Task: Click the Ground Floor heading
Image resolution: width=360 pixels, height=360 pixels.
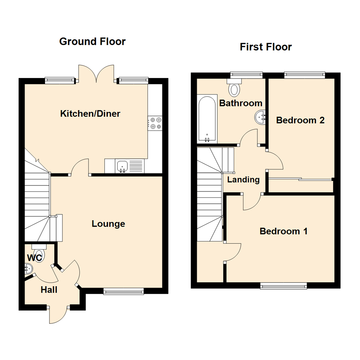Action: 92,42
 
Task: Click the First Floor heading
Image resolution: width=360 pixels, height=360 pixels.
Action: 266,47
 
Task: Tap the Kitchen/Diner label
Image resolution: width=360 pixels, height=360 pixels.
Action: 90,114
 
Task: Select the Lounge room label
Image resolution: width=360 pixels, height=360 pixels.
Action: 108,224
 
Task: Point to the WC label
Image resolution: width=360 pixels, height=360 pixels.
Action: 34,258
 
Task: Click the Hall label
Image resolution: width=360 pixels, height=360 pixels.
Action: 49,290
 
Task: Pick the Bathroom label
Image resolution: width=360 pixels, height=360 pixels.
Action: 241,103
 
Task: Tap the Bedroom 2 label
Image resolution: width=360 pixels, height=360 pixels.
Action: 300,120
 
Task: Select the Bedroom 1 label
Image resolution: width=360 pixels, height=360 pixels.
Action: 284,231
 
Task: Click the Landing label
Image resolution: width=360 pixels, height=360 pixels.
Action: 243,180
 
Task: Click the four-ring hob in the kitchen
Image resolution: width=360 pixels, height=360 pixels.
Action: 155,123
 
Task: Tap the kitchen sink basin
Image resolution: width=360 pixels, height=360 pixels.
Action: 122,166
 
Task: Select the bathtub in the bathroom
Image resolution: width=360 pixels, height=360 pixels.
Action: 207,119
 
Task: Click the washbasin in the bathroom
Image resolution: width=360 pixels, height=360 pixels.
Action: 260,117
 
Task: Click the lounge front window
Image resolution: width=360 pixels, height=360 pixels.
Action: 123,292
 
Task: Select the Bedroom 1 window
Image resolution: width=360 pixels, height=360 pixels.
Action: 283,286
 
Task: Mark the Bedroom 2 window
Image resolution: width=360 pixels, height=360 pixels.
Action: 304,75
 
